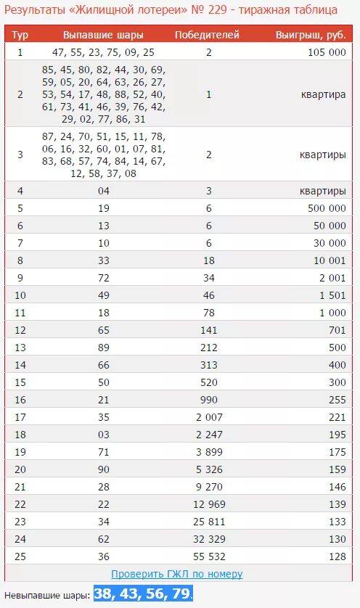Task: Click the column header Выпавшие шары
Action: (x=103, y=35)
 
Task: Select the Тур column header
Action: (x=20, y=35)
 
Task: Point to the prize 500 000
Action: (x=327, y=208)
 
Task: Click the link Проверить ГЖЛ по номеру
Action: (x=177, y=574)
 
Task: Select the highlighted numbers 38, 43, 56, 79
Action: (x=143, y=593)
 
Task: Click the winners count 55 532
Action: (x=208, y=556)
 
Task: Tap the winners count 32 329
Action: (x=208, y=539)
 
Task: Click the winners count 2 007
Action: (x=208, y=417)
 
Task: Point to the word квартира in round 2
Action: (x=323, y=94)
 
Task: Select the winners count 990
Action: (x=208, y=400)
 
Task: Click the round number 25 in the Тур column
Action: (x=20, y=556)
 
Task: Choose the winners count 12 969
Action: (x=208, y=504)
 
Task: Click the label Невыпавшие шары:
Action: (x=47, y=595)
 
